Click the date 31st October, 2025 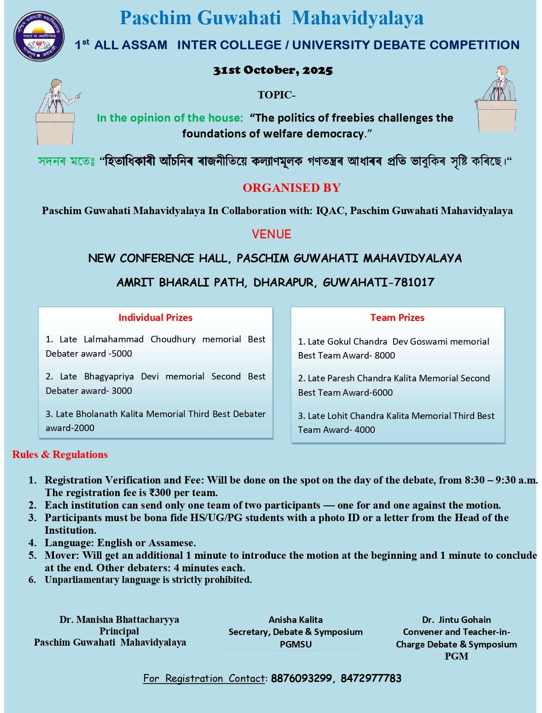click(x=273, y=71)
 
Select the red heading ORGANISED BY click(x=291, y=188)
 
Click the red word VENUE click(x=271, y=234)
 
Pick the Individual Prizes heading click(x=155, y=318)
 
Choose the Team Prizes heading click(x=397, y=318)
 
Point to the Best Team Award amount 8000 click(x=385, y=356)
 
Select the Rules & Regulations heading click(x=60, y=454)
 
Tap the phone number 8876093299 click(x=301, y=679)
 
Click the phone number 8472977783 click(x=371, y=679)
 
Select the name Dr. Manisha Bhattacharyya click(x=119, y=620)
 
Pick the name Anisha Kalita click(x=296, y=620)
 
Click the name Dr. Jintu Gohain click(x=456, y=620)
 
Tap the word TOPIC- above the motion click(x=277, y=95)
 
